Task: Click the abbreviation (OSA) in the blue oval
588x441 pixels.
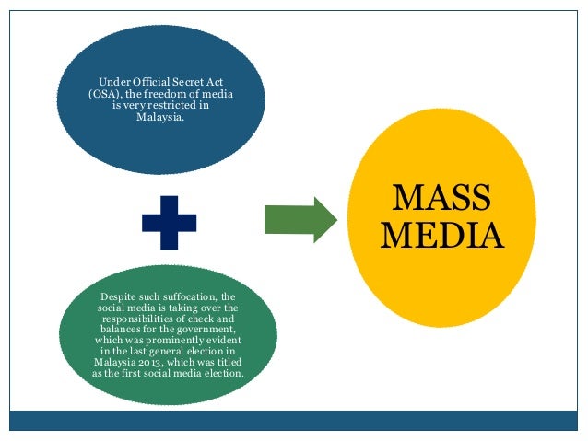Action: coord(107,95)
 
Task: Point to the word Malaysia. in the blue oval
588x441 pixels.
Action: coord(160,117)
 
